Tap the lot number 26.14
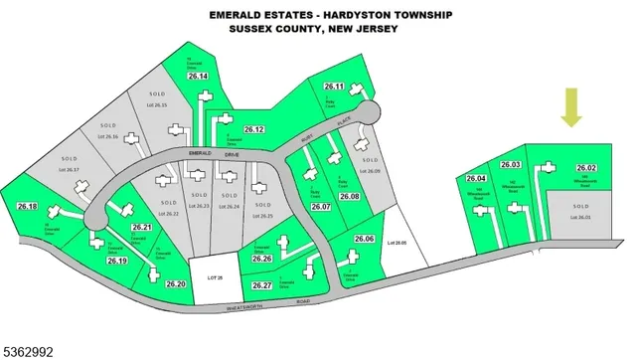tap(197, 77)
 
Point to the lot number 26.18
tap(27, 206)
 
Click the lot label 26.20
tap(177, 284)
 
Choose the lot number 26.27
tap(262, 285)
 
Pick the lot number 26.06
tap(364, 240)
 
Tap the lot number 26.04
tap(475, 178)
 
